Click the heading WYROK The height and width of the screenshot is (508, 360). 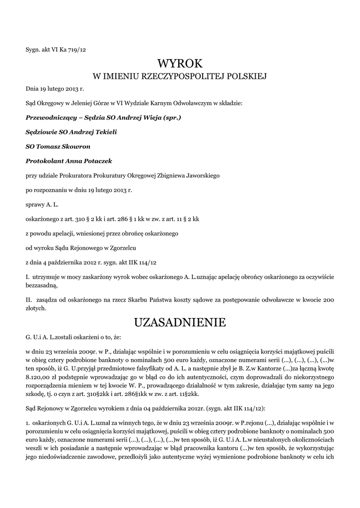click(180, 63)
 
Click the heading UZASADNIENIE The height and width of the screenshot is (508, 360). click(180, 323)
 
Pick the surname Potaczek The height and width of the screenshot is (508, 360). click(98, 161)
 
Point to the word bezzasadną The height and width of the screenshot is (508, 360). click(41, 286)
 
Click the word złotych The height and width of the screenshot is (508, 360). click(36, 308)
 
